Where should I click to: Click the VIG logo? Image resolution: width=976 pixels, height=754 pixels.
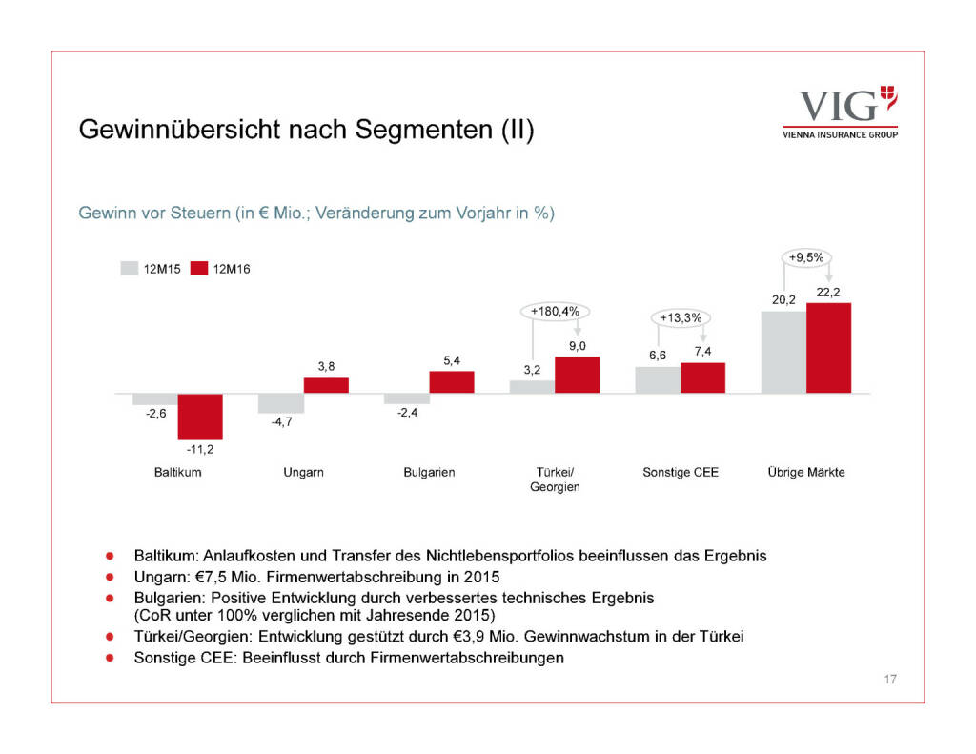pos(839,112)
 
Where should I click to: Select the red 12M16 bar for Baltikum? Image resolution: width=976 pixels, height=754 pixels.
pos(200,416)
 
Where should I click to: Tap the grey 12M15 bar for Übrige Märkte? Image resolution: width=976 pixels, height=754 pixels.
pos(783,352)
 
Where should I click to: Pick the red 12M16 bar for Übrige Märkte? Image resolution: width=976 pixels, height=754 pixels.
pos(828,348)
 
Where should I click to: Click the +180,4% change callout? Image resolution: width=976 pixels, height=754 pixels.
pos(556,311)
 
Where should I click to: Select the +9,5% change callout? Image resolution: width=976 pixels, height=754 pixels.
pos(806,256)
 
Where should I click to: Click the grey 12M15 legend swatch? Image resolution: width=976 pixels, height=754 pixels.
pos(129,269)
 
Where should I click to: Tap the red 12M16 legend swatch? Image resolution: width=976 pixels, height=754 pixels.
pos(199,269)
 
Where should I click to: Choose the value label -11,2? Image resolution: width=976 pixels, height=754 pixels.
pos(199,450)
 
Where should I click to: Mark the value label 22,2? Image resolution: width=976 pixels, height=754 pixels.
pos(828,292)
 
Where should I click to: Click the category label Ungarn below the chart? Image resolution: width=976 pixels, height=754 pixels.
pos(303,472)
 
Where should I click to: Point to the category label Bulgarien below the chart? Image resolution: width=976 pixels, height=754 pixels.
pos(429,472)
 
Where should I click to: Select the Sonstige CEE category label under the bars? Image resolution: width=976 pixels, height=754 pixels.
pos(681,472)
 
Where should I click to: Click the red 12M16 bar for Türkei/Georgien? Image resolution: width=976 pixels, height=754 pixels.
pos(577,375)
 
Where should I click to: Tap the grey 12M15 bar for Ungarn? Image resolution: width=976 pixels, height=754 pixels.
pos(280,403)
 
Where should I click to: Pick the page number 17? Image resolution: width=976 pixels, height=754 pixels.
pos(889,680)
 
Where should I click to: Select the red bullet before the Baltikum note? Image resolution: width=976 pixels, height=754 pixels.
pos(111,554)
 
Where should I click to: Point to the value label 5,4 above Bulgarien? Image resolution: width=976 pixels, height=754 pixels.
pos(452,360)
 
